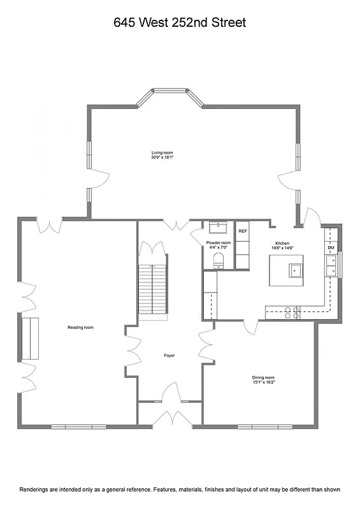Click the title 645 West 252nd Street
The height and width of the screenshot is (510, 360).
pos(180,23)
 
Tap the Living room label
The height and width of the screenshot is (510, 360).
pos(162,153)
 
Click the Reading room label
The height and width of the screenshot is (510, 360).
pos(80,327)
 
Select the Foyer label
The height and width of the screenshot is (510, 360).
pos(169,355)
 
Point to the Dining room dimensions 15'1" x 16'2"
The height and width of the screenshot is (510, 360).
pos(263,383)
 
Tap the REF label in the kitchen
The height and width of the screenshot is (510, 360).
pos(243,231)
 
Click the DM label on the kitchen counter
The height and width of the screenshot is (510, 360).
pos(331,247)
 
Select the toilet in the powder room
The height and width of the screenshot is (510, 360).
pos(218,258)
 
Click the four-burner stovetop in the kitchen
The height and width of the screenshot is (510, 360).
pos(291,312)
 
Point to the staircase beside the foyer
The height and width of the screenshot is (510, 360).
pos(153,290)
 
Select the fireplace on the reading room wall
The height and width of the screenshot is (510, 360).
pos(30,338)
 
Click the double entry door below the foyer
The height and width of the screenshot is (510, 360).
pos(169,417)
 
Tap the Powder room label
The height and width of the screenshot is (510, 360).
pos(218,243)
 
